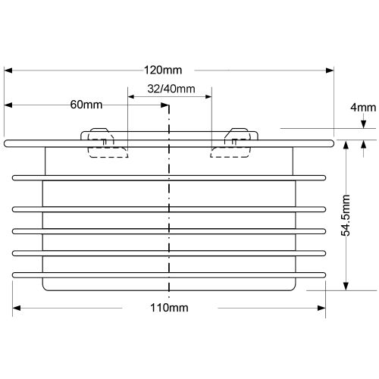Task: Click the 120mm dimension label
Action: (x=163, y=70)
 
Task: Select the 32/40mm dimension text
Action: (x=171, y=89)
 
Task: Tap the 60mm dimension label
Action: (x=86, y=105)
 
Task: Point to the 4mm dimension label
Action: (x=363, y=108)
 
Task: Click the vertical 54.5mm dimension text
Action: (x=346, y=215)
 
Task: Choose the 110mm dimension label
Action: (x=169, y=308)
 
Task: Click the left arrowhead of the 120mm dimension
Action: (x=8, y=70)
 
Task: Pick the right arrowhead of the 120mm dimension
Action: (x=330, y=70)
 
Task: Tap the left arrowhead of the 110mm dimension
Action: (x=17, y=308)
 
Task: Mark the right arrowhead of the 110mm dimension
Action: (x=321, y=308)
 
